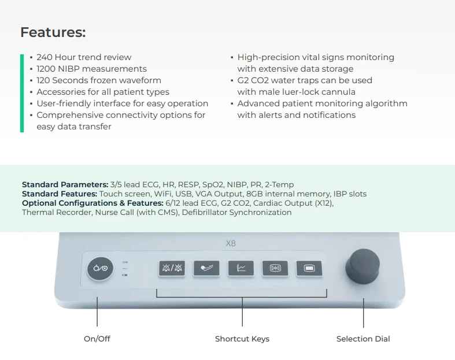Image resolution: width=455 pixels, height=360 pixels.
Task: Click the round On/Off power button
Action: (100, 269)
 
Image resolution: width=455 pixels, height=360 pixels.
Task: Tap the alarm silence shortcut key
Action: (172, 268)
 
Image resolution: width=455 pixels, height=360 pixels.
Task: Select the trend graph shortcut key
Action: (241, 268)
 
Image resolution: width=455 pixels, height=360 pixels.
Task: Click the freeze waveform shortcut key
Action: (275, 268)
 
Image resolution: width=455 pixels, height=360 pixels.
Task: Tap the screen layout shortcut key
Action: (309, 268)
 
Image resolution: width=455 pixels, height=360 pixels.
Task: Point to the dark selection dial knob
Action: (362, 267)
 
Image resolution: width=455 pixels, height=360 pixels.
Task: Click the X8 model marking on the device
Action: (231, 243)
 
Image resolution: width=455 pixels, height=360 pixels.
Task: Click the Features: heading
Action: (53, 32)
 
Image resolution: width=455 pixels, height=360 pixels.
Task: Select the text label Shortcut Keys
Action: (242, 339)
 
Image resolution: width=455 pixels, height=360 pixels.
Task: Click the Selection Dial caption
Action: (363, 339)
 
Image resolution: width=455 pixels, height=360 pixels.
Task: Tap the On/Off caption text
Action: (97, 339)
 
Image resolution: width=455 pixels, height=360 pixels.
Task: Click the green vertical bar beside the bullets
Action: (22, 93)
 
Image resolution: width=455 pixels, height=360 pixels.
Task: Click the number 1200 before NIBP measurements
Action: (46, 69)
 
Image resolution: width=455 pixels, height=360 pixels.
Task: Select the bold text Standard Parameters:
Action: (65, 184)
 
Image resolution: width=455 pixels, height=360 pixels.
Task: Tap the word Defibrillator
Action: (205, 212)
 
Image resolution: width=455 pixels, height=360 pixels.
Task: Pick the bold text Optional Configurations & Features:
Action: (93, 203)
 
